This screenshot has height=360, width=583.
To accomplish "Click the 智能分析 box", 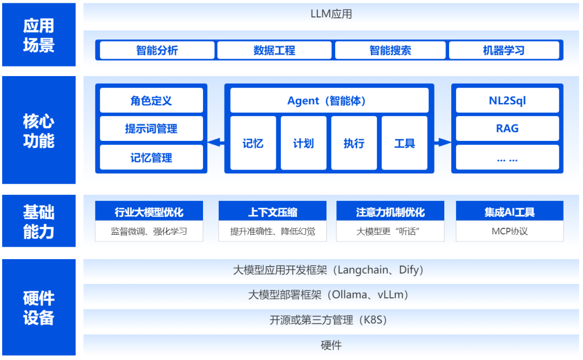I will (x=157, y=50).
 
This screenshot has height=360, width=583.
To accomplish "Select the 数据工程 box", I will (x=274, y=50).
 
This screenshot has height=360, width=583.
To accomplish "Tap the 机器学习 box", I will (x=504, y=50).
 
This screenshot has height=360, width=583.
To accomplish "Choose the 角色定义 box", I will (x=151, y=100).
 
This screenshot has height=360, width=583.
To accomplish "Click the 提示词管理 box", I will (x=151, y=129).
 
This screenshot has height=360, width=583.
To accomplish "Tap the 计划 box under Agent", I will (x=303, y=143).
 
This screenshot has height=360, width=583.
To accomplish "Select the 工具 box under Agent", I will (x=404, y=143).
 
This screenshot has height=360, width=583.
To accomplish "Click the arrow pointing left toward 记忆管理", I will (x=216, y=142).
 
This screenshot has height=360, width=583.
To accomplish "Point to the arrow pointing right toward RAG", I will (x=443, y=142).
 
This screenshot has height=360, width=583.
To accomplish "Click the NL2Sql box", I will (x=507, y=100).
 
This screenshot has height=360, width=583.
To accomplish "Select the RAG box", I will (x=507, y=128).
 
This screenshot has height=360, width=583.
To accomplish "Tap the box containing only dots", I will (x=507, y=158).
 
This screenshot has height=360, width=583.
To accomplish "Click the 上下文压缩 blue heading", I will (x=273, y=212).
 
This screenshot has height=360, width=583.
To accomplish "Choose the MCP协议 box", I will (x=510, y=232).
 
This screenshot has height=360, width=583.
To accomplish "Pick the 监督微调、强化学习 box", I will (x=149, y=232).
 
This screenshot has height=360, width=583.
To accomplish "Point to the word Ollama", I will (x=347, y=295).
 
